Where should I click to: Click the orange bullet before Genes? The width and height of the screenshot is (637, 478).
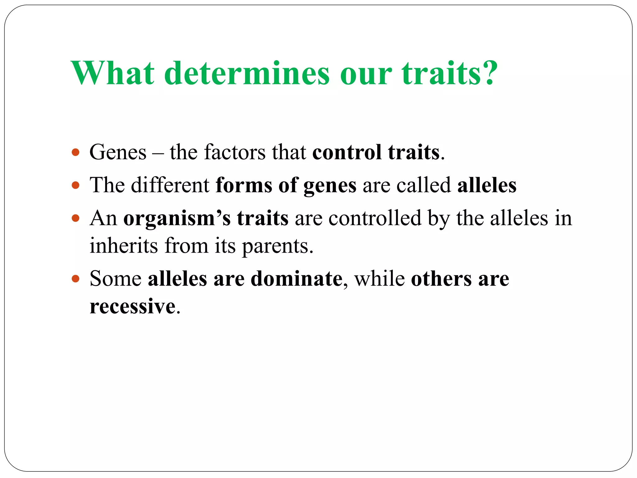pos(76,152)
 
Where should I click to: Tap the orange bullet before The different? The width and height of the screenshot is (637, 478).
pos(76,185)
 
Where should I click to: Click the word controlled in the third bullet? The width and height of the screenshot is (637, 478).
pos(374,218)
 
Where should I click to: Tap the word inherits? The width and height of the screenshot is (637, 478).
pos(123,246)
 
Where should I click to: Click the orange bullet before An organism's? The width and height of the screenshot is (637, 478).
pos(76,218)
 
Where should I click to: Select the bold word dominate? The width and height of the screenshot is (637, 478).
pos(296,278)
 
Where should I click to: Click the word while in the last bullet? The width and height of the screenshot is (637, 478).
pos(379,278)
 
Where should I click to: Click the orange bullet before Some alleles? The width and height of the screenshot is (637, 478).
pos(76,278)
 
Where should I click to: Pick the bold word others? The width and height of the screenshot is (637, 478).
pos(441,278)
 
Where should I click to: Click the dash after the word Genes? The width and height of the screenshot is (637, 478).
pos(158,153)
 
